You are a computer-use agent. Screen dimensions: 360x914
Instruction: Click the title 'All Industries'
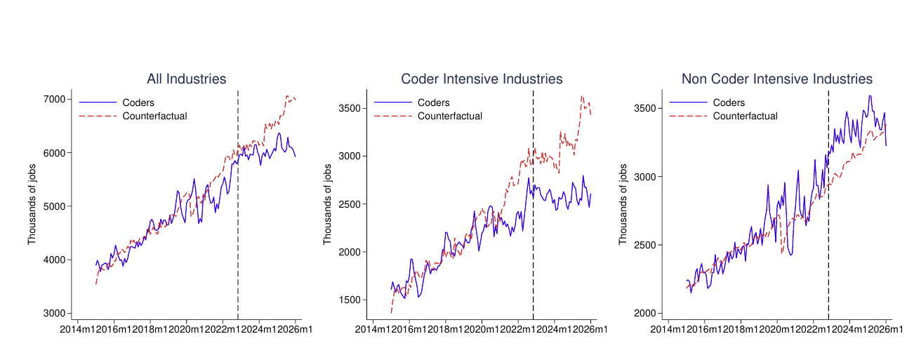186,79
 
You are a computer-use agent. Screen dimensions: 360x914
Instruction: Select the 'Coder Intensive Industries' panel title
482,79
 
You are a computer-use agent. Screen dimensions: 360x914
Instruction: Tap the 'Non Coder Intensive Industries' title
776,79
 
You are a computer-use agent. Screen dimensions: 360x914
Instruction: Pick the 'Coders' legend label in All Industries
138,103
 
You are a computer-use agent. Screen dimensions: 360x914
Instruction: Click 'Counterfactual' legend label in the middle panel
449,116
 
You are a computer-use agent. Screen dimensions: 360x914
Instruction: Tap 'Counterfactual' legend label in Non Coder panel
745,116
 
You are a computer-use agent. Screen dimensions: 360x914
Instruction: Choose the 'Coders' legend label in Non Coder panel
729,103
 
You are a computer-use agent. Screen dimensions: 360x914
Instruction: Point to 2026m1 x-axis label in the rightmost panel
884,330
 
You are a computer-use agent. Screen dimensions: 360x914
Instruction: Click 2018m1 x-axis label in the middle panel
445,330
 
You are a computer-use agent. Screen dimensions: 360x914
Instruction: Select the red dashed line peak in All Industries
287,95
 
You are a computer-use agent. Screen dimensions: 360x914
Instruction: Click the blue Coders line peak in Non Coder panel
870,96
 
